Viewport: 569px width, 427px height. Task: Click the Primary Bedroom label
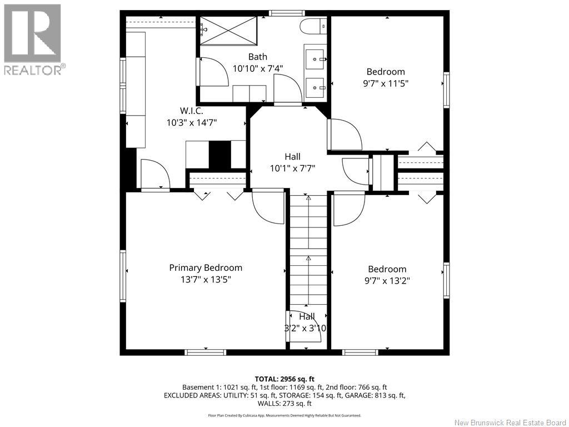[x=206, y=268]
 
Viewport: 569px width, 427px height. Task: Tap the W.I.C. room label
[x=192, y=111]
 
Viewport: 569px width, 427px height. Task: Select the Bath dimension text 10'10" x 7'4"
[x=258, y=68]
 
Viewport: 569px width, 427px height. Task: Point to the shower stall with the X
[x=228, y=31]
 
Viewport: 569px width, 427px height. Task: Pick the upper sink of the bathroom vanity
[x=315, y=58]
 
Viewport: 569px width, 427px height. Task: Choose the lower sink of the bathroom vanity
[x=315, y=87]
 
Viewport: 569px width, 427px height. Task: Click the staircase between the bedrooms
[x=308, y=251]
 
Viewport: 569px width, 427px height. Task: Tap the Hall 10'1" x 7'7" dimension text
[x=292, y=168]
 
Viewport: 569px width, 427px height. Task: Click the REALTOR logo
[x=33, y=39]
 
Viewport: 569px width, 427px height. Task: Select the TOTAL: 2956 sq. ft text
[x=284, y=379]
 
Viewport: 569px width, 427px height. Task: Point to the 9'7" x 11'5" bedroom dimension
[x=386, y=83]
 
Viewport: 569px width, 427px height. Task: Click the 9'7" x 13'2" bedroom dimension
[x=387, y=281]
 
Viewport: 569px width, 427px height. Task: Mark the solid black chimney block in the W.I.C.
[x=219, y=155]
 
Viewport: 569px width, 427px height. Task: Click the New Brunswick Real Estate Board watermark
[x=510, y=423]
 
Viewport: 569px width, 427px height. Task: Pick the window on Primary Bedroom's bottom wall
[x=206, y=352]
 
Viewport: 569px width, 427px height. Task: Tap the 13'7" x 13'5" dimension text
[x=206, y=280]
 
